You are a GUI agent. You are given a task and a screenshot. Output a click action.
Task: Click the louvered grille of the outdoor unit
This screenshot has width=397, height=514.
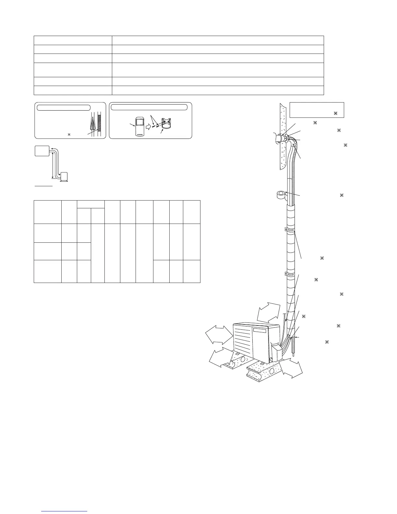[243, 340]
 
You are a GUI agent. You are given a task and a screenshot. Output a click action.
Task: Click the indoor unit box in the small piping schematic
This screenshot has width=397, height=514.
[42, 151]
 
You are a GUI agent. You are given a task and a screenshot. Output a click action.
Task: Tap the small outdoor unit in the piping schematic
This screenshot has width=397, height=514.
[65, 177]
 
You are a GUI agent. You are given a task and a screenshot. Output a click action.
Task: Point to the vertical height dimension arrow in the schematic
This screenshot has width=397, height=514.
[53, 165]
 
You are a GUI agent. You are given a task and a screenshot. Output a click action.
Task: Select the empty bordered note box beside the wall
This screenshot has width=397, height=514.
[316, 110]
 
